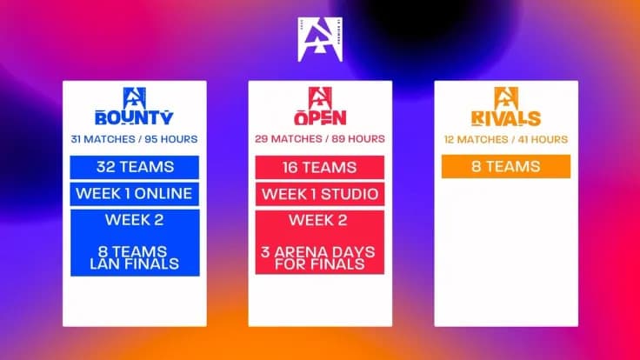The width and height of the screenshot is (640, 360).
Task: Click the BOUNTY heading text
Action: (134, 118)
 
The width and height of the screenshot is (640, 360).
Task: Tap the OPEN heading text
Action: (320, 118)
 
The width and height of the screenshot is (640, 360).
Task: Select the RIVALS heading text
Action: (505, 118)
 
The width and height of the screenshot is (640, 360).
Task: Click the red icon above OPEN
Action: (320, 97)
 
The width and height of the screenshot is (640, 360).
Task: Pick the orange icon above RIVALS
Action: (505, 97)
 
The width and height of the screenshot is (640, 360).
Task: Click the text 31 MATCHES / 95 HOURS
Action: (134, 139)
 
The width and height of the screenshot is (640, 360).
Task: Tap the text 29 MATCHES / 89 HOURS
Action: (320, 139)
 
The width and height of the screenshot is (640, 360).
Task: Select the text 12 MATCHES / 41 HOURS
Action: (505, 139)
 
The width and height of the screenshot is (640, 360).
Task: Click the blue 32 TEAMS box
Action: (135, 167)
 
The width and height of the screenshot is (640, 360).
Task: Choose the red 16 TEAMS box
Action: (320, 167)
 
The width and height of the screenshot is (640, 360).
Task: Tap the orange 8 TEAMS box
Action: (505, 166)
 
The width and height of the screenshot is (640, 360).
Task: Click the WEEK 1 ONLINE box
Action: (135, 193)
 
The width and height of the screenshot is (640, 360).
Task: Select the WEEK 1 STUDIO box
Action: (320, 193)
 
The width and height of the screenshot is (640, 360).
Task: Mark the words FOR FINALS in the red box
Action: (320, 263)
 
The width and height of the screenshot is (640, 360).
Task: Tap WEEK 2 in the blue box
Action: (135, 219)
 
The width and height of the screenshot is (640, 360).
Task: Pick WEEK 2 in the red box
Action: (320, 219)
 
